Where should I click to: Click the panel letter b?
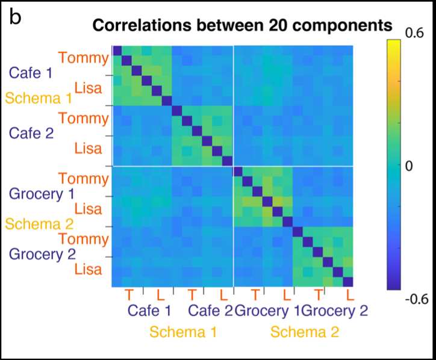pos(15,17)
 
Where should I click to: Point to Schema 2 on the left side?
pos(39,224)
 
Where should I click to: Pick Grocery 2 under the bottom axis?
pos(334,311)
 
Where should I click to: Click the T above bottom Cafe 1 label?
pos(128,294)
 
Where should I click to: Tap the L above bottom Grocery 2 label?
pos(349,294)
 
